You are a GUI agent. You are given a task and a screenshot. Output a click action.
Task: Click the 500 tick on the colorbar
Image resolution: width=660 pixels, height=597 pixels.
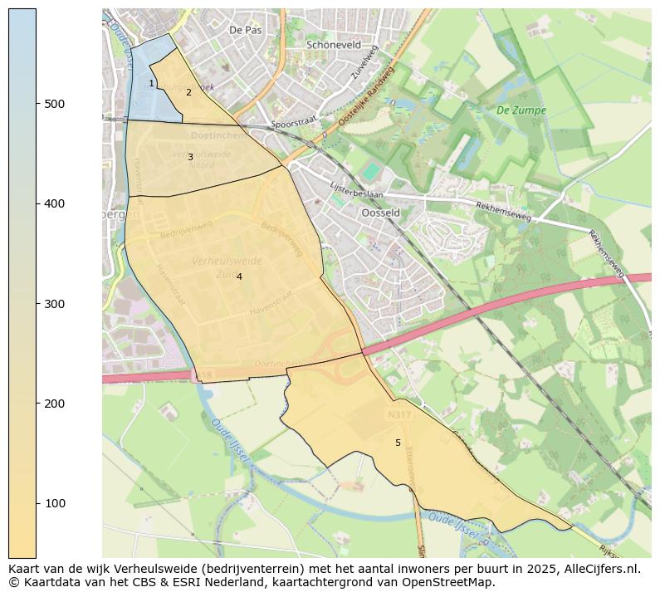(x=37, y=103)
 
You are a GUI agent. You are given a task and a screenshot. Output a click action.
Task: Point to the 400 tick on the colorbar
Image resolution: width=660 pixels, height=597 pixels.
(x=37, y=203)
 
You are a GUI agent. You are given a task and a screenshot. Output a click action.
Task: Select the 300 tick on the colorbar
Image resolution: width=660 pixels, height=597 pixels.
(x=37, y=304)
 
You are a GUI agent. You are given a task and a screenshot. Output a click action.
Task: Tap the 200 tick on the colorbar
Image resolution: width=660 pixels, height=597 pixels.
(x=37, y=404)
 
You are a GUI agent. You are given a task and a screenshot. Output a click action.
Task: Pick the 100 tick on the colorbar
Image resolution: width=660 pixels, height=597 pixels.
(x=37, y=503)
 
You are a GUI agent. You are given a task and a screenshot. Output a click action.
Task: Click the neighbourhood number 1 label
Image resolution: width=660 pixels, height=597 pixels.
(x=151, y=83)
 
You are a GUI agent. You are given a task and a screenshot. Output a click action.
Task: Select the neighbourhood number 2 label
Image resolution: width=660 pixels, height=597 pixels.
(x=188, y=92)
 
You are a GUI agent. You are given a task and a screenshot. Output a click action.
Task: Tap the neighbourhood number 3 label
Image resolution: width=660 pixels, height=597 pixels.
(x=190, y=157)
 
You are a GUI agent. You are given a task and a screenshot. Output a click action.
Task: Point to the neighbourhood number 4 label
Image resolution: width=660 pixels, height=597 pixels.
(x=239, y=276)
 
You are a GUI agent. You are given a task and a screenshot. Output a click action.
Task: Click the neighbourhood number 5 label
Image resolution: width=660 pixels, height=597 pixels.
(x=398, y=443)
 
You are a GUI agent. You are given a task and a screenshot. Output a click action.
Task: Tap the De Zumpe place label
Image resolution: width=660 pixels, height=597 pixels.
(x=521, y=110)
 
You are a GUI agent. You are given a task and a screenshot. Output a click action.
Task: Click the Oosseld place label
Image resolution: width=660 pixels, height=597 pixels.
(x=381, y=213)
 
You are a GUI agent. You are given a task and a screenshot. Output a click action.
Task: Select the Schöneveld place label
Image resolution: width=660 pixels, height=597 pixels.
(x=335, y=45)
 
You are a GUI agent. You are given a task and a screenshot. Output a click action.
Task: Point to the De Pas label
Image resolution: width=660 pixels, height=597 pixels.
(x=245, y=29)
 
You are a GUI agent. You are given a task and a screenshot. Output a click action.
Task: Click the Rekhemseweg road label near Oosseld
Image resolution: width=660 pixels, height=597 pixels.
(x=502, y=210)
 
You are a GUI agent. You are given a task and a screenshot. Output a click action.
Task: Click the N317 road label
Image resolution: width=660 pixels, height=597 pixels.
(x=398, y=412)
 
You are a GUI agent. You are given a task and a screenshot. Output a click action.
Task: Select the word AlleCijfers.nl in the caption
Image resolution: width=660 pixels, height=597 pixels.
(x=597, y=569)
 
